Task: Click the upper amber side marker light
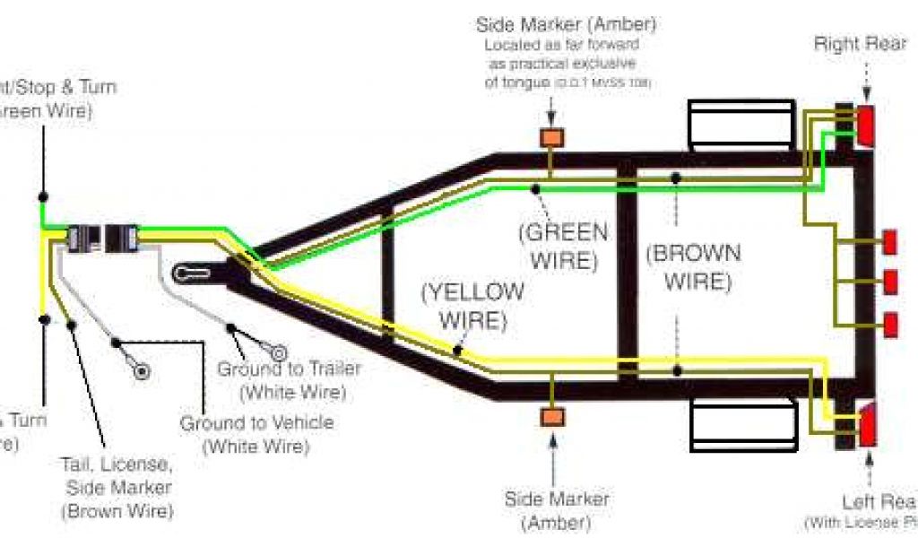click(x=551, y=138)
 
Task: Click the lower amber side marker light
click(x=551, y=417)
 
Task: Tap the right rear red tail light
click(x=866, y=125)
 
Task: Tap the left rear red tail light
click(x=868, y=426)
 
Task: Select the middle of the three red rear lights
click(x=890, y=282)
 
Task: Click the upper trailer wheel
click(x=741, y=125)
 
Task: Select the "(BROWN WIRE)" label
click(x=694, y=267)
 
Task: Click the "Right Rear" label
click(x=861, y=44)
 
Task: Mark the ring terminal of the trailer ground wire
click(x=279, y=352)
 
